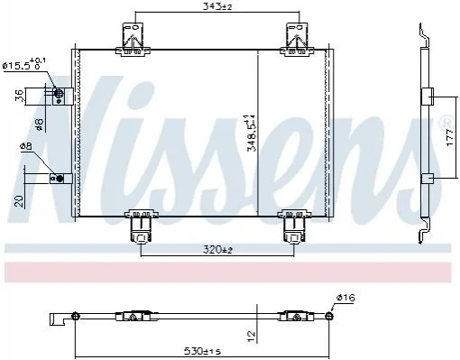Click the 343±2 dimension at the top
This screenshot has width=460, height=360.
[x=217, y=6]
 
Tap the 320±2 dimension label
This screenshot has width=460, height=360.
[x=218, y=249]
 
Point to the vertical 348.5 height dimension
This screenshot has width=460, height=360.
[x=252, y=133]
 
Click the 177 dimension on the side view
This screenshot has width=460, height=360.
[x=449, y=137]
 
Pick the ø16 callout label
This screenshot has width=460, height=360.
[x=345, y=298]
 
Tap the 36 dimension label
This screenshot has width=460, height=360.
[x=18, y=97]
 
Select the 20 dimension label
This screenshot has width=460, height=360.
[x=19, y=201]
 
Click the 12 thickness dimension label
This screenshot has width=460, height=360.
[x=252, y=333]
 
